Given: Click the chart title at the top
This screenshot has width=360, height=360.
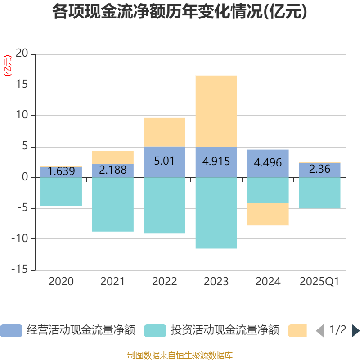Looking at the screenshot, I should (180, 12).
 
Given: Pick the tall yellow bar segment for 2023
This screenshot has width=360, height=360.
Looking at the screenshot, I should (216, 111).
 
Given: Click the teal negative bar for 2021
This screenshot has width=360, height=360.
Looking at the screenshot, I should (112, 205).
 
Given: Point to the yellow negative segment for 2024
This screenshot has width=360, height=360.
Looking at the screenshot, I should (268, 214).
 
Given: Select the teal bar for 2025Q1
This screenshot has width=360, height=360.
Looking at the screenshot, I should (319, 193).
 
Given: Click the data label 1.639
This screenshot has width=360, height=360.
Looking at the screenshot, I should (61, 171).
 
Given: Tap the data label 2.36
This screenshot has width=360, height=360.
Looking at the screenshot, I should (319, 169).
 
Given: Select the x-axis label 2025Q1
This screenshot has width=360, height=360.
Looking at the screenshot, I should (319, 282).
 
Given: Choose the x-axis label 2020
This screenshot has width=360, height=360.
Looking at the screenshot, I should (61, 282).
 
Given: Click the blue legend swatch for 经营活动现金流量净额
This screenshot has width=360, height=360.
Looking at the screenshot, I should (11, 331).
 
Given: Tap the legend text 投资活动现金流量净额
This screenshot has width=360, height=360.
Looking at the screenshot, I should (225, 331).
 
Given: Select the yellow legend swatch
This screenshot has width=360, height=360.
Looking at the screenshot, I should (297, 331).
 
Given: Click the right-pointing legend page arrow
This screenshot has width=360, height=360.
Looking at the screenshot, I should (355, 331).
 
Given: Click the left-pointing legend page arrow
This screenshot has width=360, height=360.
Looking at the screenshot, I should (320, 331).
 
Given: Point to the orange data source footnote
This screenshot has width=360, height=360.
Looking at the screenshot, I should (180, 355).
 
